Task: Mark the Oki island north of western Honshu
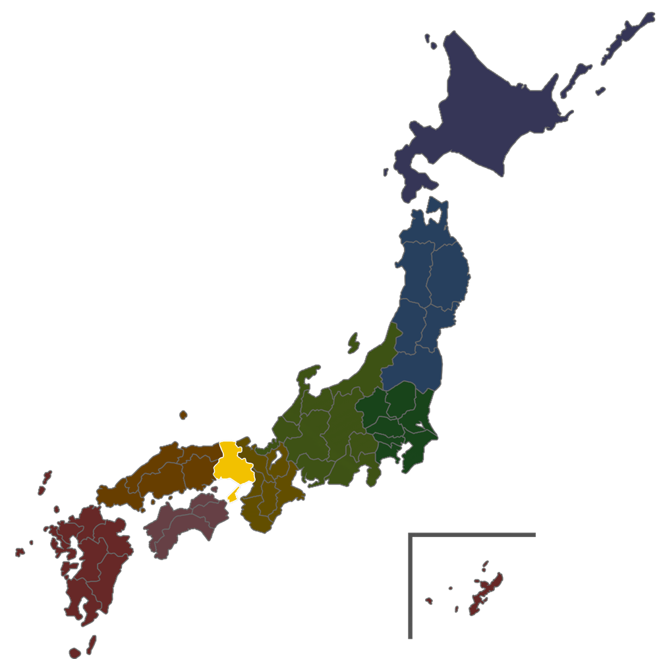click(x=183, y=415)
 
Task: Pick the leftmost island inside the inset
click(x=429, y=600)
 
